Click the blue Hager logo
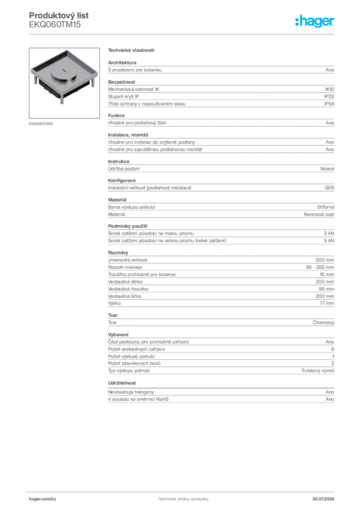(315, 22)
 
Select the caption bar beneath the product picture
(42, 123)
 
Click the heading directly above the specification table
(131, 50)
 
